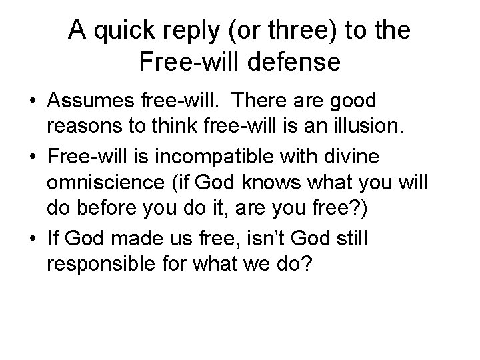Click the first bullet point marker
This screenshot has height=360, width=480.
31,102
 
